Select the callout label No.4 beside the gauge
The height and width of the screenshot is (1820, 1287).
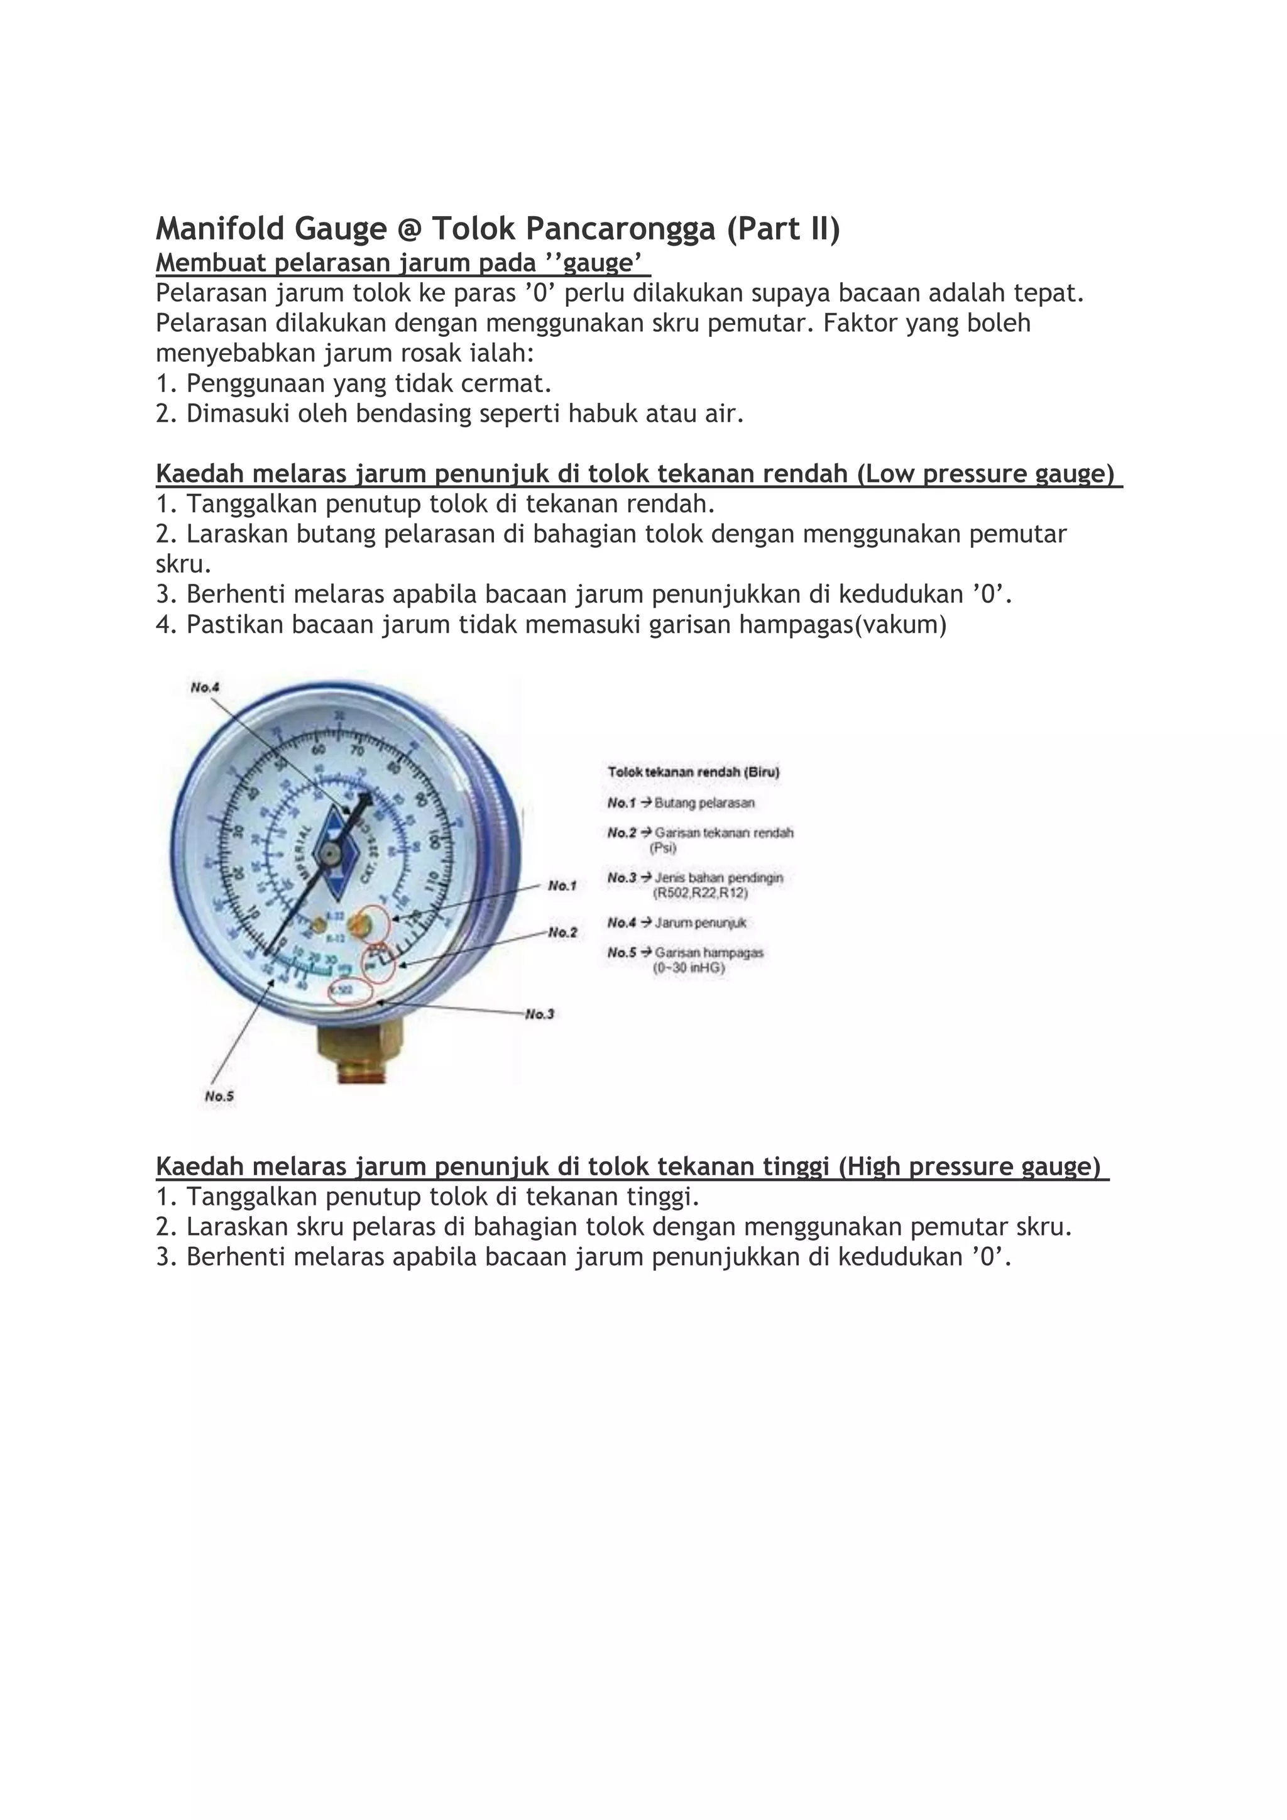pos(204,688)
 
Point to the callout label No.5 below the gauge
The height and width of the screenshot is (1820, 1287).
pos(219,1096)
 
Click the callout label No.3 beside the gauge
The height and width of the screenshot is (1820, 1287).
pos(540,1014)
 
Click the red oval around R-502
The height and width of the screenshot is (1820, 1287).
pos(350,991)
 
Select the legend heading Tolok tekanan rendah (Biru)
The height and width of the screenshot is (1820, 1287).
pos(693,771)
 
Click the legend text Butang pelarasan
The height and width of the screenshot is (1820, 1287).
pos(704,803)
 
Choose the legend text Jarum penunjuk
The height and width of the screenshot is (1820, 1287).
pos(701,923)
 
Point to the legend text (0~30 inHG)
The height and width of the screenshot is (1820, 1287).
pos(689,968)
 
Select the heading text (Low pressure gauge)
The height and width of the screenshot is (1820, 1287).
pos(986,473)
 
